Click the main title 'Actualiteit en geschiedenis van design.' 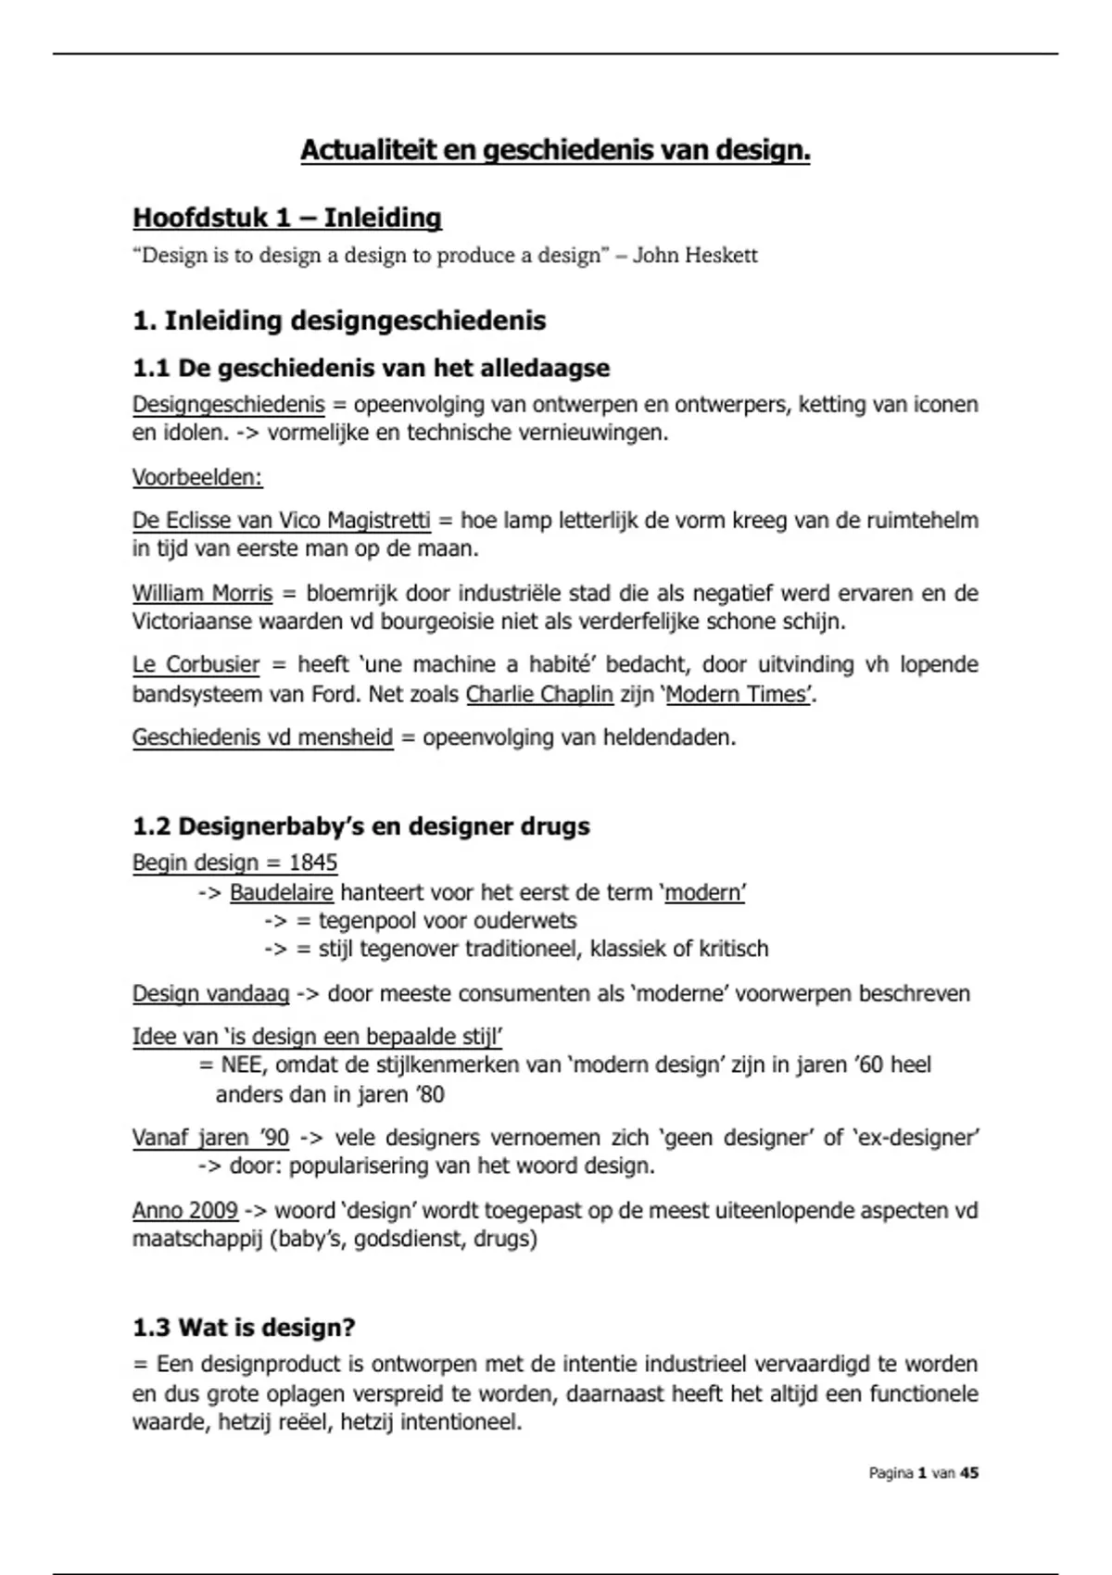[555, 150]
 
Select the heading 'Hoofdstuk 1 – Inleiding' [287, 218]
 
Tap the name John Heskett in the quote [695, 256]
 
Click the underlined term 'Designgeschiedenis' [228, 405]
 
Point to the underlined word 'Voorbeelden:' [197, 477]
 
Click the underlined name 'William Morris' [202, 593]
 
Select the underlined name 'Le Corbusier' [196, 665]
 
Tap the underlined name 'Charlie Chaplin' [539, 694]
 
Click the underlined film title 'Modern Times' [737, 694]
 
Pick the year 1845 [313, 863]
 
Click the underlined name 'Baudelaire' [281, 892]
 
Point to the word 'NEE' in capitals [242, 1065]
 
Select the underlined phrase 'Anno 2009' [184, 1211]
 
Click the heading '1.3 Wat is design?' [244, 1328]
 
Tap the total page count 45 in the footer [969, 1473]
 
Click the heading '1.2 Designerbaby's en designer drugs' [360, 826]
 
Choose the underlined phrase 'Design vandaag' [210, 994]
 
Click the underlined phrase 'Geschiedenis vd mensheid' [262, 737]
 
